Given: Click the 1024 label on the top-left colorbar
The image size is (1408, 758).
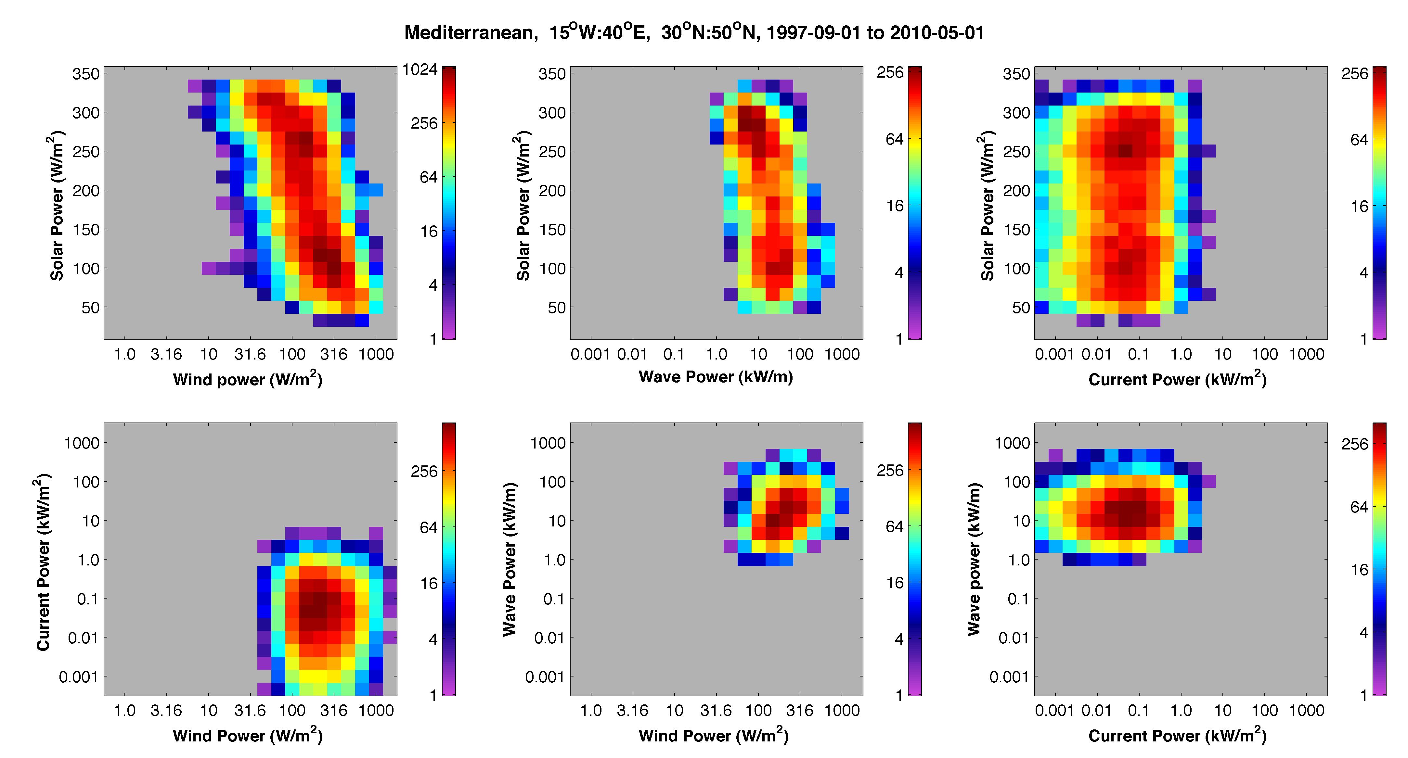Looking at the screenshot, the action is pos(420,69).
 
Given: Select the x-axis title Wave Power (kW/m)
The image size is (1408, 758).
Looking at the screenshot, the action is pos(716,376).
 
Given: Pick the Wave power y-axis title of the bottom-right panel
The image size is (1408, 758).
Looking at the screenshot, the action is pos(974,559).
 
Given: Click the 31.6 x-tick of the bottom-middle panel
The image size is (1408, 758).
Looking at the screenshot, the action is pos(716,711).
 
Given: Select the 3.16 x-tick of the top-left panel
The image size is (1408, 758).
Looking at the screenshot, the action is pos(166,354).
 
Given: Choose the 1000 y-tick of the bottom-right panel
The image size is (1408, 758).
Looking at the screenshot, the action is pos(1012,443).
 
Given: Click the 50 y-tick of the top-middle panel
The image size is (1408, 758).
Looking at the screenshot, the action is pos(556,308).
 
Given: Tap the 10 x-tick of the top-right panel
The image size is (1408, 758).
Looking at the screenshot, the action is pos(1223,354).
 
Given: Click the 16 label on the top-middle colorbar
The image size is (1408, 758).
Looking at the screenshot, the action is pos(895,206).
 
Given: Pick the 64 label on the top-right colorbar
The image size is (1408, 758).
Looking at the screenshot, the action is pos(1359,140).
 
